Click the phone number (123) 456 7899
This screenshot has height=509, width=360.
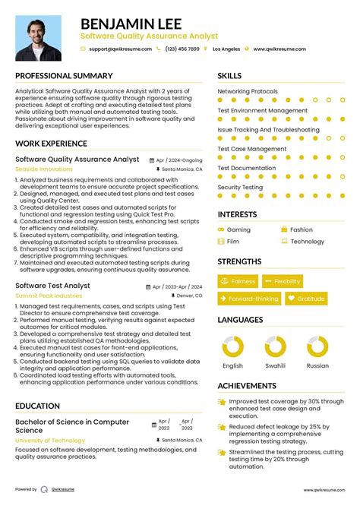pyautogui.click(x=182, y=49)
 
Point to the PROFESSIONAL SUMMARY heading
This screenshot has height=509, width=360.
pyautogui.click(x=62, y=76)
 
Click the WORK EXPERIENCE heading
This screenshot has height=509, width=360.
pyautogui.click(x=52, y=144)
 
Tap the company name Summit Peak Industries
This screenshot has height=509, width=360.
pyautogui.click(x=49, y=295)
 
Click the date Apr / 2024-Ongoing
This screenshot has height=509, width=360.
pyautogui.click(x=179, y=160)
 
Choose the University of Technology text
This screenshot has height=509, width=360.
pyautogui.click(x=50, y=440)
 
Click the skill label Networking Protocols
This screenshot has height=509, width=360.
pyautogui.click(x=248, y=92)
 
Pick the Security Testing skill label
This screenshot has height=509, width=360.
pyautogui.click(x=240, y=187)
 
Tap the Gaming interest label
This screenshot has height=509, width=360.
pyautogui.click(x=238, y=229)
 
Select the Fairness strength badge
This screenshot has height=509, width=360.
pyautogui.click(x=238, y=281)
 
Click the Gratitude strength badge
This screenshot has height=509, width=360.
pyautogui.click(x=306, y=299)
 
